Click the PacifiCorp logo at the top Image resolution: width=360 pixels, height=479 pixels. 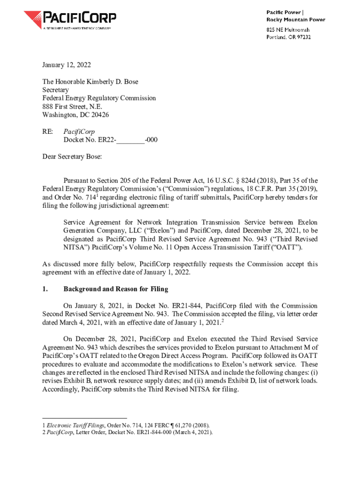(70, 20)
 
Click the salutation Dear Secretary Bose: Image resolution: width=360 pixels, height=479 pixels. (72, 157)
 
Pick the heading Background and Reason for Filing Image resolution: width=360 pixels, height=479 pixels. (115, 289)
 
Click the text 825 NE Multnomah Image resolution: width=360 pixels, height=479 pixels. (288, 29)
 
